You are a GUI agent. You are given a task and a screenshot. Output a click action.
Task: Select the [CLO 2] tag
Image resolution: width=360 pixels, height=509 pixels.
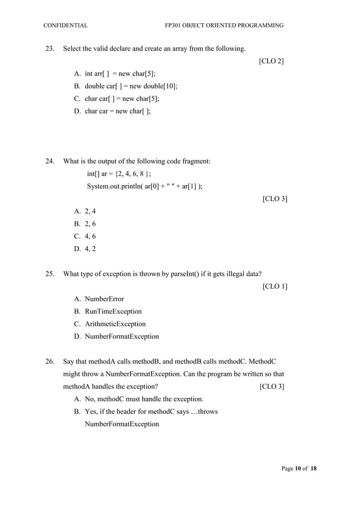pyautogui.click(x=271, y=61)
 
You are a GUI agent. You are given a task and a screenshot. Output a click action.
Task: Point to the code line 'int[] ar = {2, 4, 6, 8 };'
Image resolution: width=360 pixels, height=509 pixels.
pyautogui.click(x=118, y=174)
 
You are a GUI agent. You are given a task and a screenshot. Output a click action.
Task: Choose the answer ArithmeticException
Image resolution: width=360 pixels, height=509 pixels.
pyautogui.click(x=115, y=324)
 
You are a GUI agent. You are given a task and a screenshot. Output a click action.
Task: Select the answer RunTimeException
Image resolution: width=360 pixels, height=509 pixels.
pyautogui.click(x=113, y=311)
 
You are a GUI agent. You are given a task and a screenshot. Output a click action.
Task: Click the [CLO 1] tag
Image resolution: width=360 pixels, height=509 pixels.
pyautogui.click(x=275, y=287)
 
